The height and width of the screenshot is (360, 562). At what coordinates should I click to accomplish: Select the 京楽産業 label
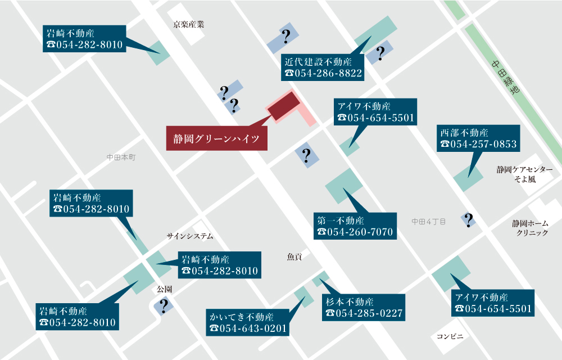[188, 24]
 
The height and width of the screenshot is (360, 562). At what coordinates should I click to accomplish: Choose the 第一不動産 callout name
[341, 220]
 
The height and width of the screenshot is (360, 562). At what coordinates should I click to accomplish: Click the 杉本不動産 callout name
[349, 301]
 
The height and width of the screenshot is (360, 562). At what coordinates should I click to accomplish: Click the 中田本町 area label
[121, 158]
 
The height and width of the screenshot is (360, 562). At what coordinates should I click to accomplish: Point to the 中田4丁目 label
[428, 222]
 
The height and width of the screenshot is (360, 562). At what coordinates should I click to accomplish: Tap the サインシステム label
[190, 236]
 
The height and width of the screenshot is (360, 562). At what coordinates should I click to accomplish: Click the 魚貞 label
[294, 256]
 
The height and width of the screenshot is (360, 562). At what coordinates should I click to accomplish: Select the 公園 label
[164, 289]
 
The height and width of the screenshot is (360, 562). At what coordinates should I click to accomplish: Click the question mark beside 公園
[164, 306]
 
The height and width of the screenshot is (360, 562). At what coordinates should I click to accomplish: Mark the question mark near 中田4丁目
[468, 220]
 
